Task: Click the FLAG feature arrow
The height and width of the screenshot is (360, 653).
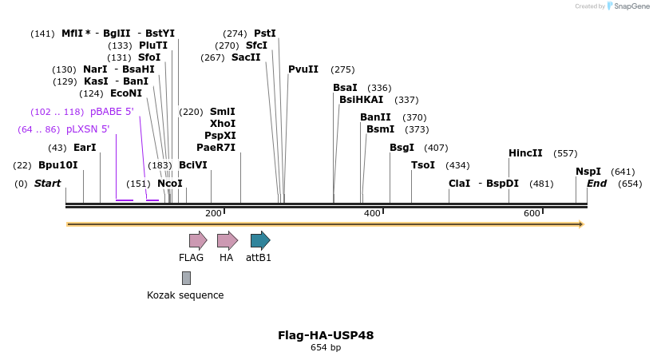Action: (x=197, y=240)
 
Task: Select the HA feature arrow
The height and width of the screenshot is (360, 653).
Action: (x=227, y=240)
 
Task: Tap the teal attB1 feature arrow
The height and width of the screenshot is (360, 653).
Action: (x=259, y=240)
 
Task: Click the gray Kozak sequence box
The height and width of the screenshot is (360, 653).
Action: (x=186, y=278)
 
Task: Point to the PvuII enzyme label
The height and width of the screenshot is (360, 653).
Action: (x=303, y=69)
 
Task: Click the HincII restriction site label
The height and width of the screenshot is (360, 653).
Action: (x=525, y=153)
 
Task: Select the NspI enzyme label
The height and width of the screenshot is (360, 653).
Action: (x=588, y=172)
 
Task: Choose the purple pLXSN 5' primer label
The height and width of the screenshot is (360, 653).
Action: (x=88, y=129)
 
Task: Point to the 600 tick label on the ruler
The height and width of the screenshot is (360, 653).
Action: (x=532, y=213)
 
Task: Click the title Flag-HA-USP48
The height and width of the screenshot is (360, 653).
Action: (x=326, y=335)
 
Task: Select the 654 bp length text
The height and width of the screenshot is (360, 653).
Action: (x=326, y=348)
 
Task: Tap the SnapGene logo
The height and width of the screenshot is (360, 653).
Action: (x=628, y=6)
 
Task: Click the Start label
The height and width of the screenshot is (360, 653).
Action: (x=47, y=184)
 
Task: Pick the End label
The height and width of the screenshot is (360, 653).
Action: (x=597, y=184)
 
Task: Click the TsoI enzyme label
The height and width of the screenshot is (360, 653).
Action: (x=423, y=165)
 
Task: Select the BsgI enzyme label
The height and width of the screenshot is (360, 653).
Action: (x=402, y=148)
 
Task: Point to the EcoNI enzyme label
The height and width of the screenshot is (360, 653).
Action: (x=126, y=93)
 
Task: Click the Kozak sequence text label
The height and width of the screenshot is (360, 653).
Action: (x=185, y=295)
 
